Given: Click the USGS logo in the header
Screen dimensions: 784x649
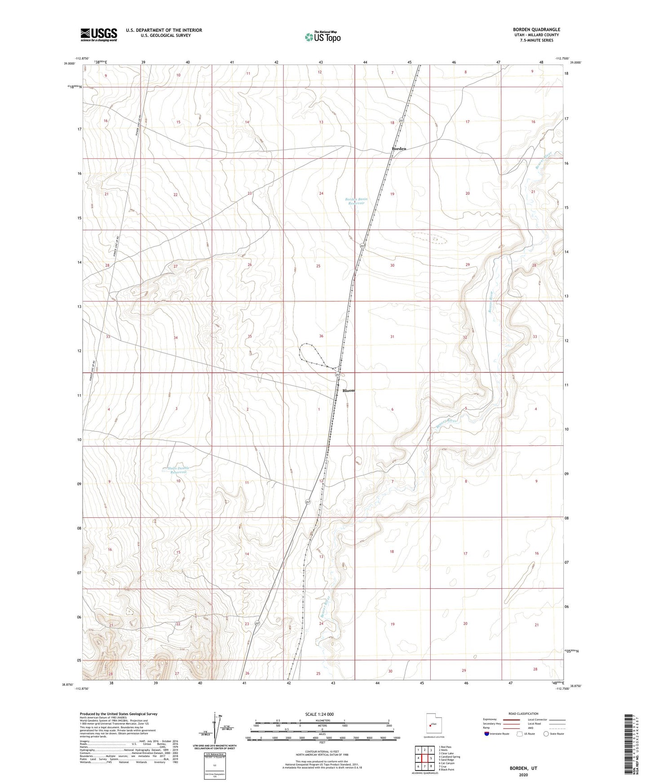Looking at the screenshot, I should tap(99, 35).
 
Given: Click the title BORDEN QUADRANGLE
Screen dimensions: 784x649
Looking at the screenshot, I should tap(536, 30).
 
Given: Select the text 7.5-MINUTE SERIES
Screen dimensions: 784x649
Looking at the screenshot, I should tap(536, 40).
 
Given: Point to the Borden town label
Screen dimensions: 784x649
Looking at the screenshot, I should tap(399, 149).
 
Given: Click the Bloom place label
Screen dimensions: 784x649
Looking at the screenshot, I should tap(349, 391).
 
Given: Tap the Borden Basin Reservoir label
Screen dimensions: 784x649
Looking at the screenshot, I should tap(355, 201).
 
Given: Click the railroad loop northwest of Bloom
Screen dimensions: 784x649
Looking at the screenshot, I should tap(310, 352).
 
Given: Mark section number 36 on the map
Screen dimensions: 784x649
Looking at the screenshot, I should tap(321, 336).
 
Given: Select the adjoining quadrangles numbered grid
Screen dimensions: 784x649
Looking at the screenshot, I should tap(424, 759).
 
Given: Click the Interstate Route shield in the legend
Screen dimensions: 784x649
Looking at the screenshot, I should tap(487, 734).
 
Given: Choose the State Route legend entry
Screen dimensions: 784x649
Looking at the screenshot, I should tap(553, 734).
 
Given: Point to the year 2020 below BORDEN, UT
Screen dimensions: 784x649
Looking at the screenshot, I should tap(523, 775).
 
